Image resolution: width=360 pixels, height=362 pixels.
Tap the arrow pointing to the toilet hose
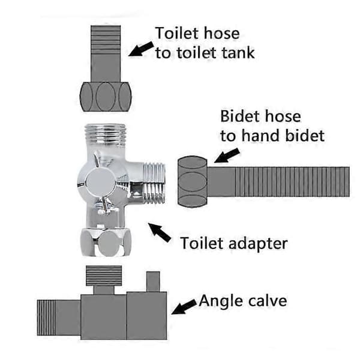141,49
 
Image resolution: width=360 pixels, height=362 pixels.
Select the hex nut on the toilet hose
106,97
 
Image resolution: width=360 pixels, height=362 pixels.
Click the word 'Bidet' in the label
240,116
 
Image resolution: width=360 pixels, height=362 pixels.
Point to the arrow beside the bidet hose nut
227,155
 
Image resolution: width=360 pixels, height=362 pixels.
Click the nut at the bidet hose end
193,181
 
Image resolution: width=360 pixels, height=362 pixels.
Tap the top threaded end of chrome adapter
105,135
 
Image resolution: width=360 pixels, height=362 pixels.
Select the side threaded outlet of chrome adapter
154,183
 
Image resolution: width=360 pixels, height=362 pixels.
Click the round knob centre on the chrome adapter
100,182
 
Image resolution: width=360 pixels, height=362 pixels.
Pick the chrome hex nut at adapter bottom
106,243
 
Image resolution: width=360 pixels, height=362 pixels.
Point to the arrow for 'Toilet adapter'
160,232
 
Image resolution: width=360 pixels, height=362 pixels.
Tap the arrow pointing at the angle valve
184,307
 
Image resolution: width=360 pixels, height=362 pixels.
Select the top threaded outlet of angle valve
104,276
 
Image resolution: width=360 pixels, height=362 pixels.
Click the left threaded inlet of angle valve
46,318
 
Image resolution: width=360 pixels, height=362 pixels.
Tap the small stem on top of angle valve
153,282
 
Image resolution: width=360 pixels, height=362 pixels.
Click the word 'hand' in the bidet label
261,136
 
